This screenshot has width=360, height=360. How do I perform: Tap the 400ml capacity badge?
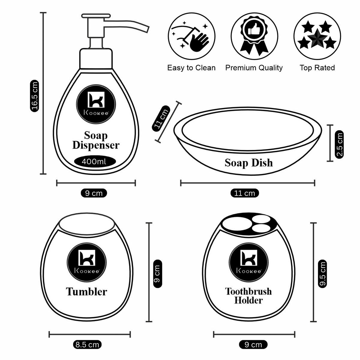pos(94,161)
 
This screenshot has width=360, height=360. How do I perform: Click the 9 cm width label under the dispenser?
pos(94,193)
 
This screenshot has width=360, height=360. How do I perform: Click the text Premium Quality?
pos(254,68)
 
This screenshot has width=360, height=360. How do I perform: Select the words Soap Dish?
pos(249,163)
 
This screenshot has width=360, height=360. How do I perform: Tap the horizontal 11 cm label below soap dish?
pos(244,193)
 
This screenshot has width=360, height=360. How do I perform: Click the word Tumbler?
pos(86,292)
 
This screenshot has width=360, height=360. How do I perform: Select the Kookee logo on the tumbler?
pos(87,261)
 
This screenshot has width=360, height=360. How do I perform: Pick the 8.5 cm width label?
pos(87,345)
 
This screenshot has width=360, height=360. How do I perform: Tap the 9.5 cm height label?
pos(322,274)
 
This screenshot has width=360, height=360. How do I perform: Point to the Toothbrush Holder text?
pos(248,295)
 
